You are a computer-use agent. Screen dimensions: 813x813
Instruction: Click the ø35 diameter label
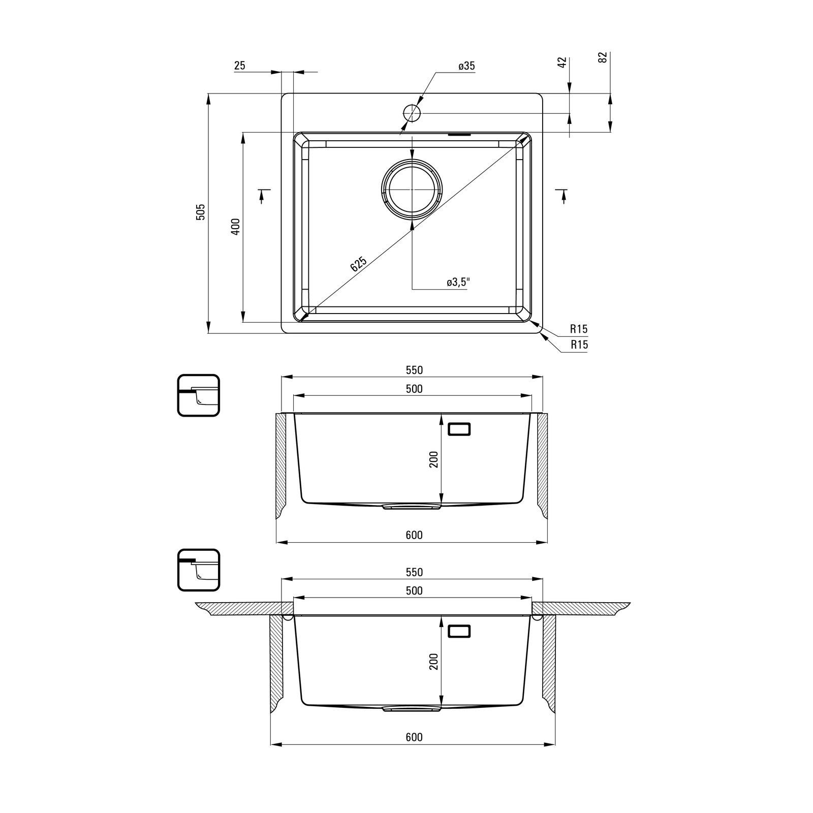click(466, 66)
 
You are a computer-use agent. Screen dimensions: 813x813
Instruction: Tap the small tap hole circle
click(412, 113)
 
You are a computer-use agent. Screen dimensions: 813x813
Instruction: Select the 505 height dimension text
click(201, 212)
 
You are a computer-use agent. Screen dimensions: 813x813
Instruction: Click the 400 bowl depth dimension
click(235, 227)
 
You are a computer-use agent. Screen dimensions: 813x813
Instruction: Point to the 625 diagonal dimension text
click(358, 265)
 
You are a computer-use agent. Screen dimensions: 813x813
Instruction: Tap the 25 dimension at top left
click(240, 66)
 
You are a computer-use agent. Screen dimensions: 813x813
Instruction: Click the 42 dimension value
click(562, 62)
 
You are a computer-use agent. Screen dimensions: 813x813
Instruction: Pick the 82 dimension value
click(603, 57)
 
